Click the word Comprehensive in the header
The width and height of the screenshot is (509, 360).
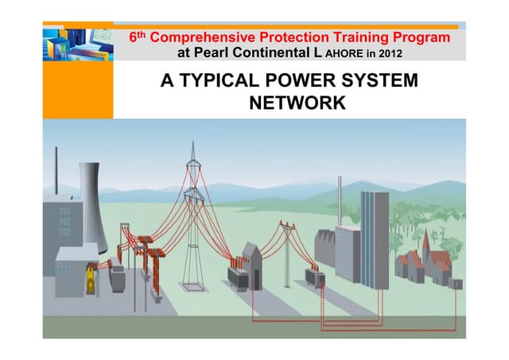point(202,37)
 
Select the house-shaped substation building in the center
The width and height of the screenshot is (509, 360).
point(251,259)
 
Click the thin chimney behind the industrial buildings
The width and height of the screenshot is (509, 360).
point(340,203)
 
